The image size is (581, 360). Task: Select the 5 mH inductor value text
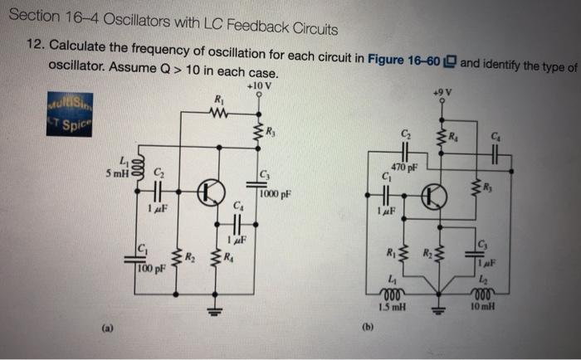pyautogui.click(x=117, y=174)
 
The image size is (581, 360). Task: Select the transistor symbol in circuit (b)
pyautogui.click(x=433, y=196)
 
